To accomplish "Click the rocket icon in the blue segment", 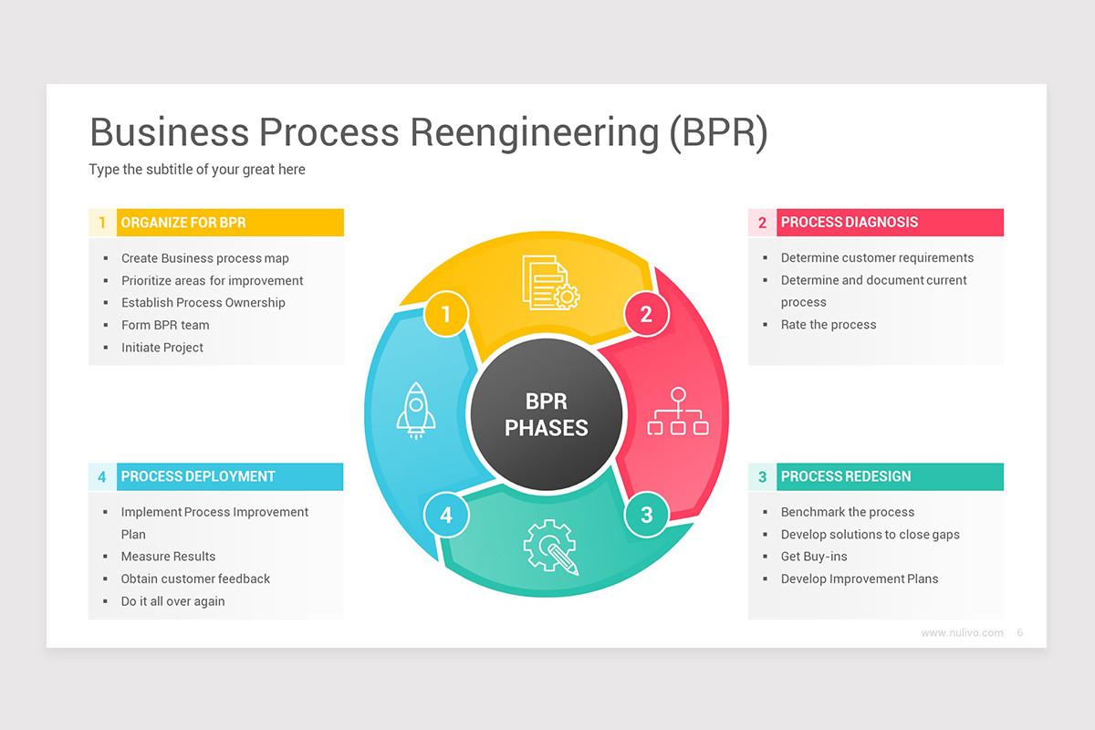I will pyautogui.click(x=415, y=412).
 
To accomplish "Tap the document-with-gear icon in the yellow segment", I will pyautogui.click(x=550, y=282).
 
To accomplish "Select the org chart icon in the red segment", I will pyautogui.click(x=677, y=412).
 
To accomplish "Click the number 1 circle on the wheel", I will pyautogui.click(x=446, y=315).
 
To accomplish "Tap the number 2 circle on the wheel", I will pyautogui.click(x=646, y=315).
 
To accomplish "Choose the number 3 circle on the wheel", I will pyautogui.click(x=646, y=516).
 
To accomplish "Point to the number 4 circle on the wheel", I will pyautogui.click(x=446, y=516).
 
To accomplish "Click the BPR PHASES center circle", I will pyautogui.click(x=547, y=414).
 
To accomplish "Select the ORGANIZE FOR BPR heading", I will pyautogui.click(x=183, y=223).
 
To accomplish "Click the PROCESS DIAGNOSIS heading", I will pyautogui.click(x=849, y=223).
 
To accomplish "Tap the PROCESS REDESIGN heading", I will pyautogui.click(x=845, y=476).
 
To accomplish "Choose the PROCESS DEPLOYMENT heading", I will pyautogui.click(x=198, y=476).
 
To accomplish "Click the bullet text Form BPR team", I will pyautogui.click(x=165, y=325).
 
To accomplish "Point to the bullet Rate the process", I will pyautogui.click(x=828, y=325).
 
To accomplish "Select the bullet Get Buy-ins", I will pyautogui.click(x=813, y=557).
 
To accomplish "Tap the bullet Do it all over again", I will pyautogui.click(x=172, y=601).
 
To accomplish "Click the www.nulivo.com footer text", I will pyautogui.click(x=961, y=632).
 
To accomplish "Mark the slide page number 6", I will pyautogui.click(x=1019, y=632).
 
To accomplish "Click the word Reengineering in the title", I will pyautogui.click(x=534, y=132).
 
